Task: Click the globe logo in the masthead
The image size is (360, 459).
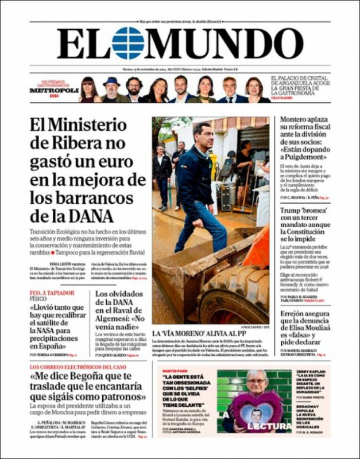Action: point(127,43)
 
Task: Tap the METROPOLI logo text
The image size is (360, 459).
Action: point(53,91)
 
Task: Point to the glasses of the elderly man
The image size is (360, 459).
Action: point(256,381)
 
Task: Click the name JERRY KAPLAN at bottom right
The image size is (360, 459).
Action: point(311,372)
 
